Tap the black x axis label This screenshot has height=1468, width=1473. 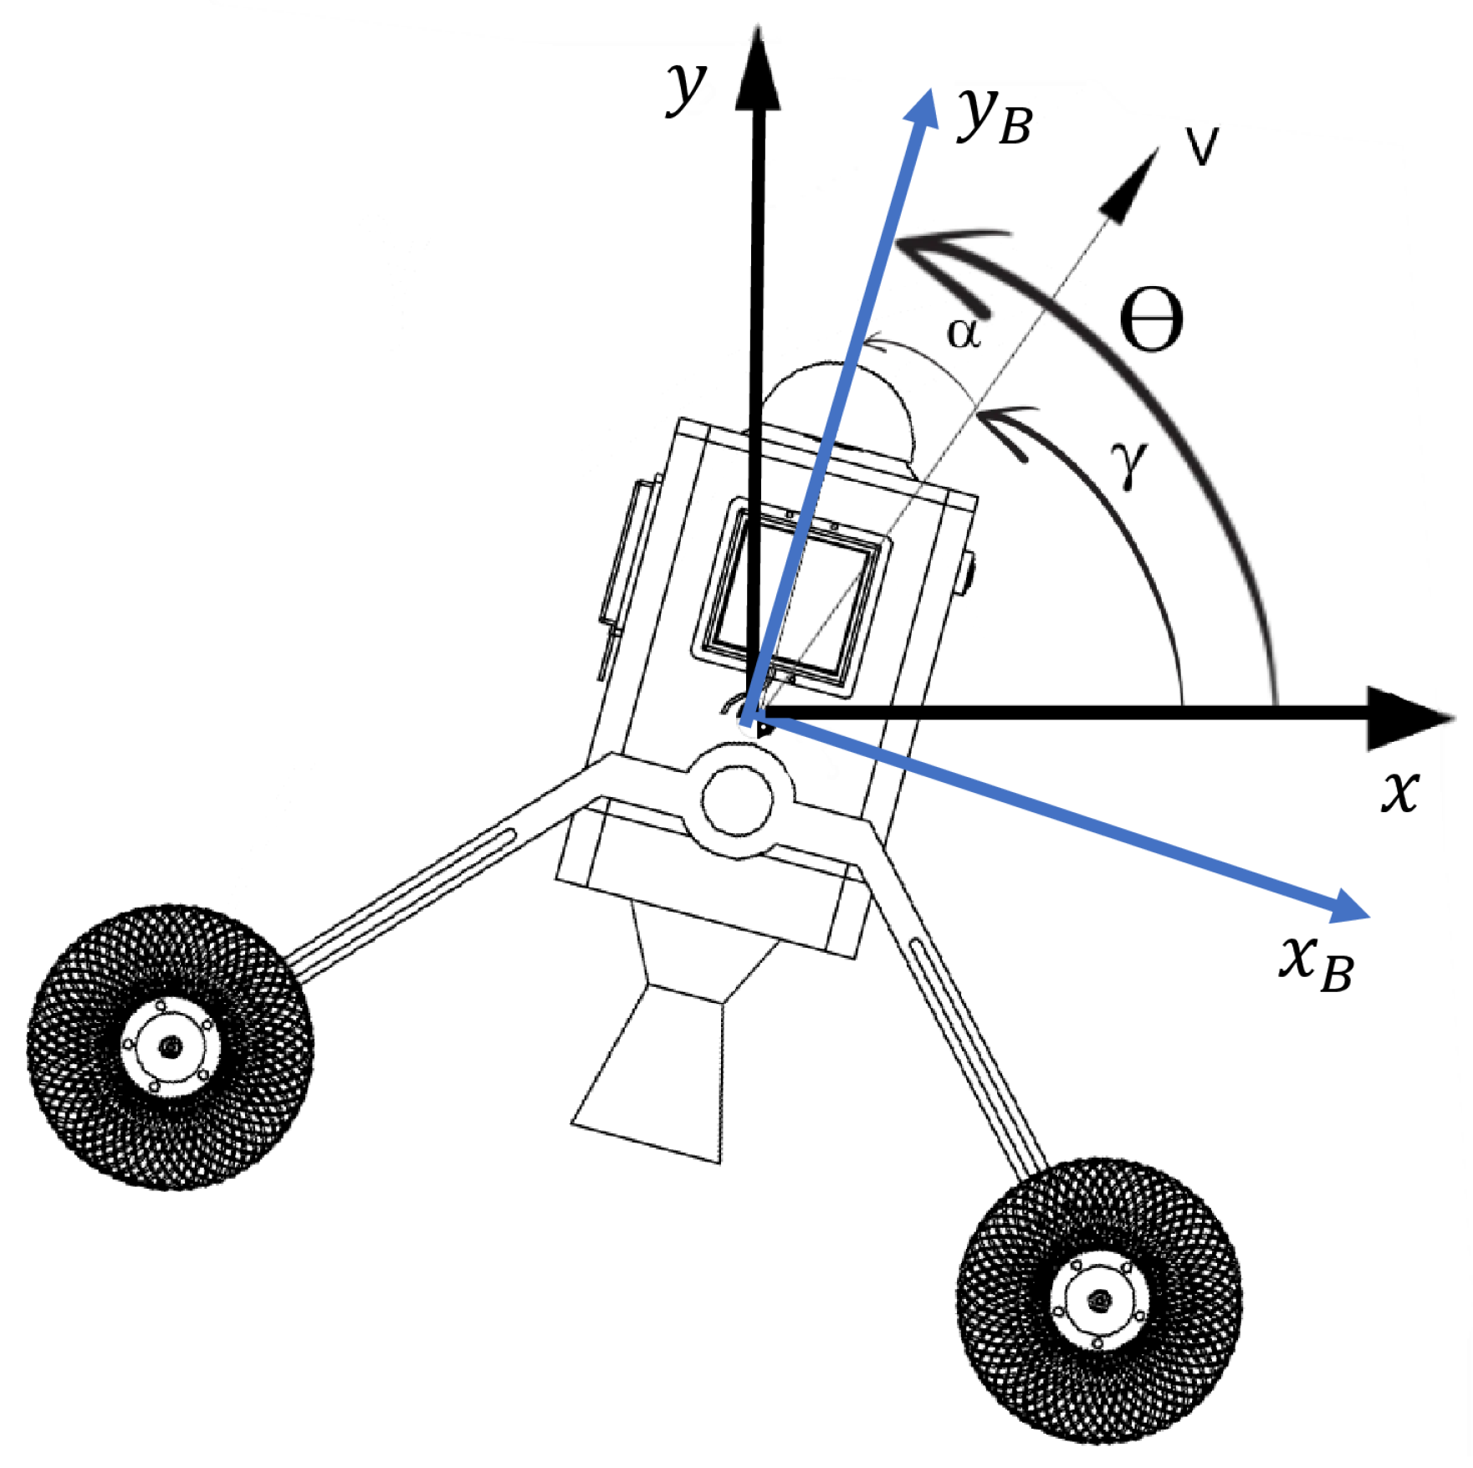[1399, 790]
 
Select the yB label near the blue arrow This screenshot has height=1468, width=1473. [995, 117]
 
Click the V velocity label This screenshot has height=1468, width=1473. [1202, 146]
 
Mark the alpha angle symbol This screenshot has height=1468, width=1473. [963, 333]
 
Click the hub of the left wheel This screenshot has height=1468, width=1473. [171, 1046]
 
